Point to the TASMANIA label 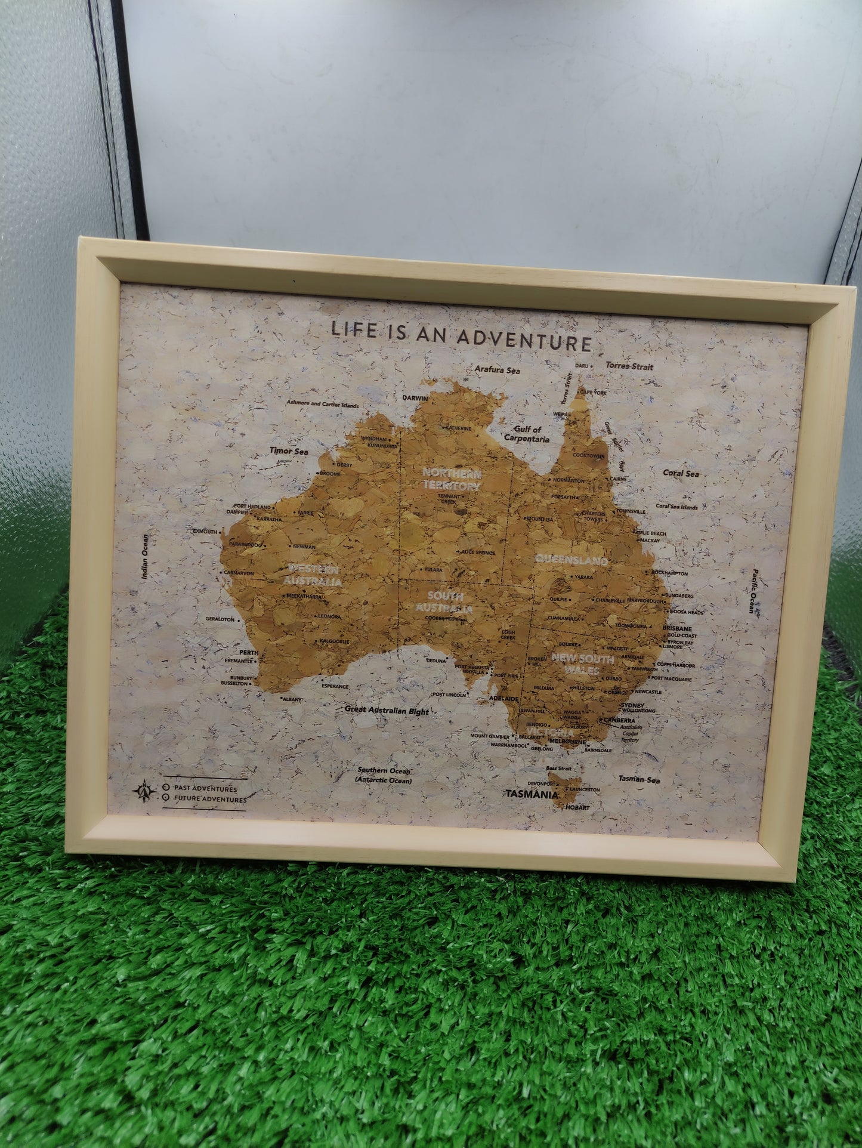click(x=532, y=795)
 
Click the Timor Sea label click(x=289, y=452)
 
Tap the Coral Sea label click(x=680, y=473)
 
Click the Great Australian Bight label click(x=387, y=711)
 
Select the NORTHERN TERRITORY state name click(x=451, y=480)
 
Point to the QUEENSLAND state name click(x=571, y=560)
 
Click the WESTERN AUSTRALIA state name click(x=314, y=575)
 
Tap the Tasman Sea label click(x=638, y=779)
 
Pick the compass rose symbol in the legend click(x=144, y=791)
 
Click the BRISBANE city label click(x=677, y=629)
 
